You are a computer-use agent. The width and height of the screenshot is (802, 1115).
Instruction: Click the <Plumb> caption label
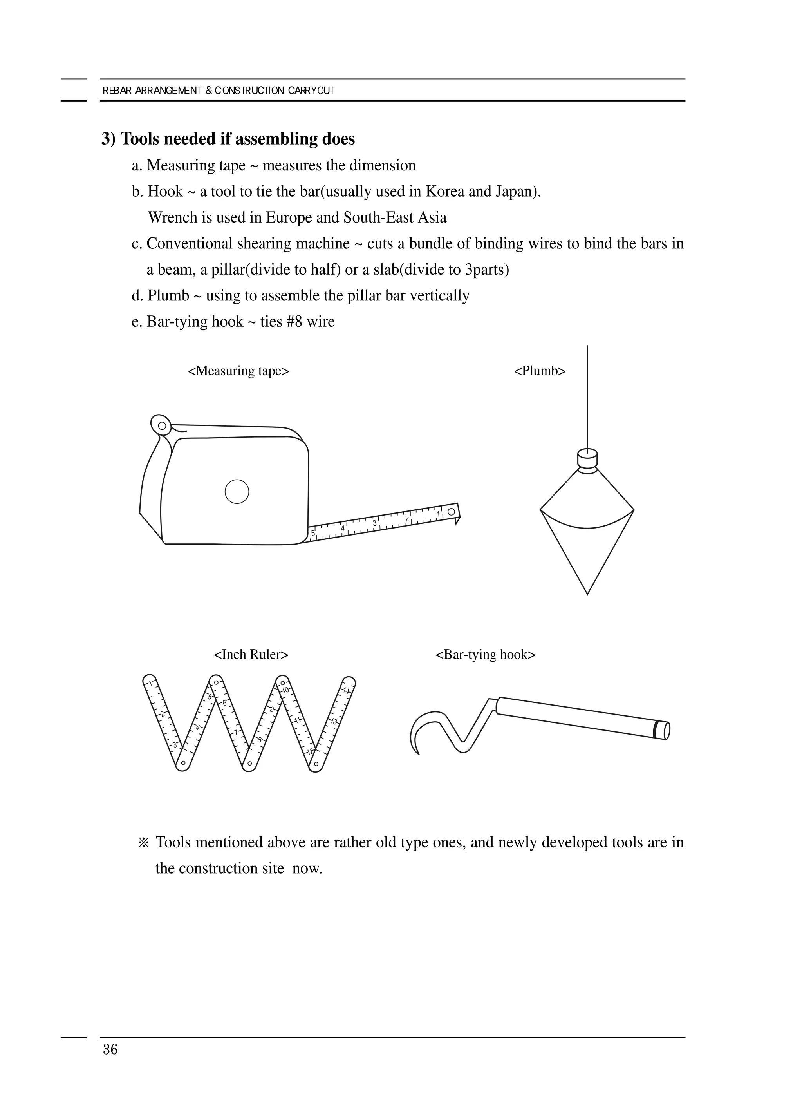point(540,371)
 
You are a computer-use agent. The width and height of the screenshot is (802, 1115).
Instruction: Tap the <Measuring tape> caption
point(238,371)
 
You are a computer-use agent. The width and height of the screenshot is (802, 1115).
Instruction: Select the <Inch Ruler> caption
point(251,654)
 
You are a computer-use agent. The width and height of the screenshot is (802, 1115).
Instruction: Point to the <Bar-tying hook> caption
point(485,654)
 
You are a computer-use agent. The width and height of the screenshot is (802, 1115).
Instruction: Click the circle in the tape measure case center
point(237,491)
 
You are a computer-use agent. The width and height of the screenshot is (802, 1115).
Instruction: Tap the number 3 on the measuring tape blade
point(375,523)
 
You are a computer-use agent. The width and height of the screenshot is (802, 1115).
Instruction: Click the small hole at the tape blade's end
point(451,512)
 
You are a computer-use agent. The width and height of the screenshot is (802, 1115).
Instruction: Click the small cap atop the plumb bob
point(587,458)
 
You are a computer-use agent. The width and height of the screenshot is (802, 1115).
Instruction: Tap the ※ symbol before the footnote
point(143,843)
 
